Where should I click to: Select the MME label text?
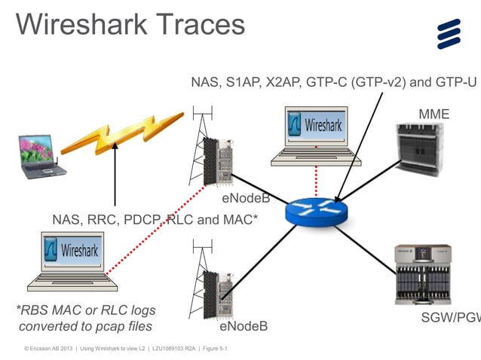tap(434, 114)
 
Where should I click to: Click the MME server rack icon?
tap(421, 155)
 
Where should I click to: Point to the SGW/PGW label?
tap(450, 318)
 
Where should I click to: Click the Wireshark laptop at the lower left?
tap(72, 261)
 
